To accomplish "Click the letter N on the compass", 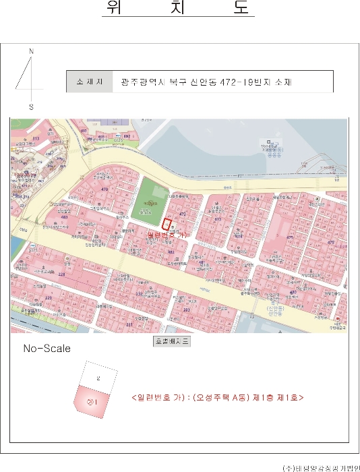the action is click(31, 52).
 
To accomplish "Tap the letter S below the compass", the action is click(31, 107).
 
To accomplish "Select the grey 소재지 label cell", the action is click(89, 82).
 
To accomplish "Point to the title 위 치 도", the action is click(178, 9).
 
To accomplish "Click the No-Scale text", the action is click(47, 349).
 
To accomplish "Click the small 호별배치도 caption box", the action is click(173, 341).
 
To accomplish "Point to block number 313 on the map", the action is click(36, 138).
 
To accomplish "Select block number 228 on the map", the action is click(61, 274).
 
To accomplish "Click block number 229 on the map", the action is click(48, 297).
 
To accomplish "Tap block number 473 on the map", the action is click(217, 219).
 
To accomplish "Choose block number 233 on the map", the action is click(187, 309).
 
